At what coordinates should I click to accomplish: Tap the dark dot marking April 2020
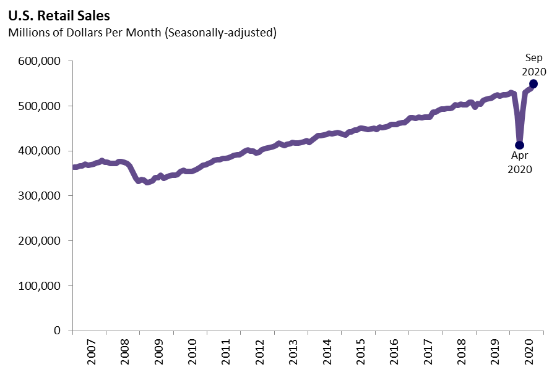(520, 145)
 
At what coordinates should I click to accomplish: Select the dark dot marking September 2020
(533, 83)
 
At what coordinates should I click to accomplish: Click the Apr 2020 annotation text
(519, 162)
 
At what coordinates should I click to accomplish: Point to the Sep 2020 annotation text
(533, 64)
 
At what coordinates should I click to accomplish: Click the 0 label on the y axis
(57, 331)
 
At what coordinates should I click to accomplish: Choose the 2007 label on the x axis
(90, 353)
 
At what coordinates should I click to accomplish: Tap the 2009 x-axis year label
(158, 353)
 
